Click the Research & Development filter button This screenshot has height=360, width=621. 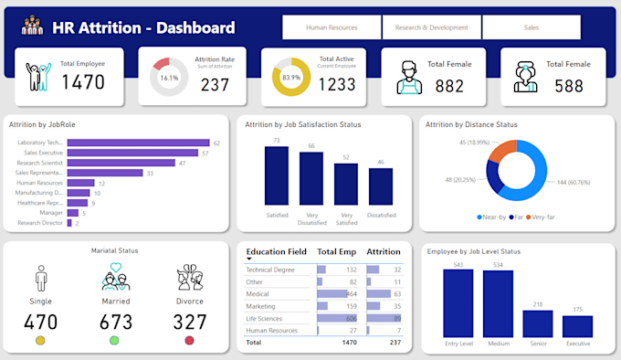point(431,27)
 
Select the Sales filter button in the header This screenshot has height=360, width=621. point(531,27)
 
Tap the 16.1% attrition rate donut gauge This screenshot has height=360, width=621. point(169,78)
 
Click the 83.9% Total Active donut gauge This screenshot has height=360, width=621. point(292,78)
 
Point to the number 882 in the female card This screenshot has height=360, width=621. point(449,85)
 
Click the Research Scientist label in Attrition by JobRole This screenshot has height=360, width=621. point(39,163)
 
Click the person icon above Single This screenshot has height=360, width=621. point(40,278)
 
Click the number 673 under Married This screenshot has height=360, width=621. point(116,322)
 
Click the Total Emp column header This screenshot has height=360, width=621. point(337,250)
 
